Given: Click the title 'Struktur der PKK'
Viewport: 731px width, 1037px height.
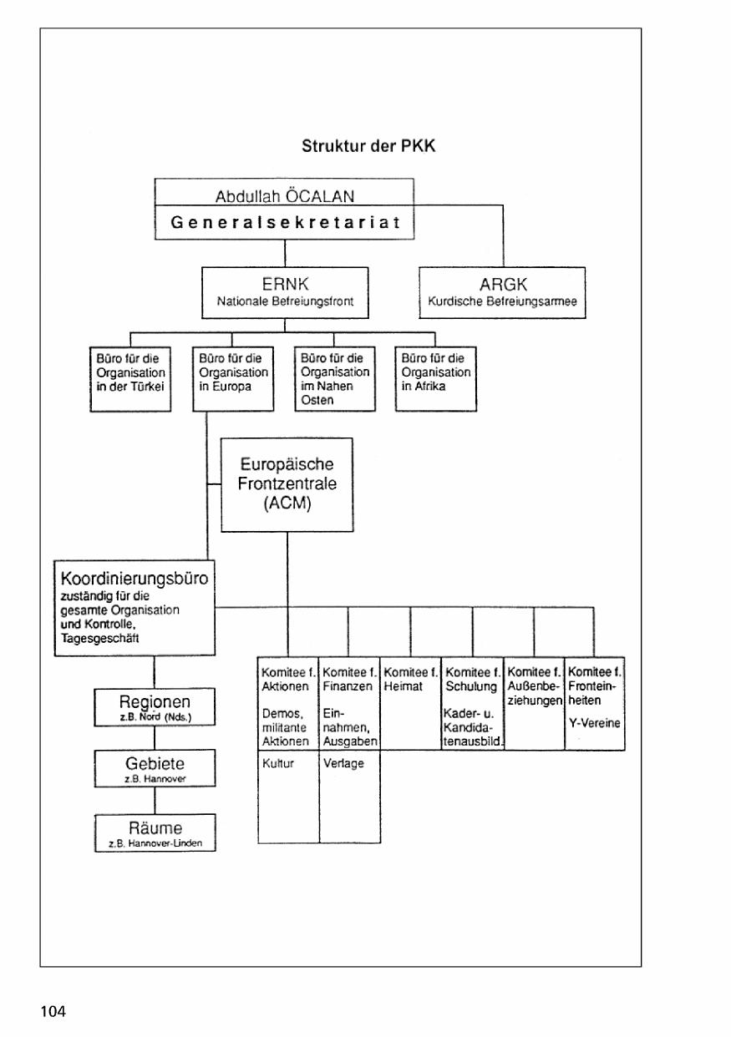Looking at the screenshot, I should coord(368,146).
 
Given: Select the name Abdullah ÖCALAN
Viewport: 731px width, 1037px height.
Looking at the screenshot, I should coord(284,197).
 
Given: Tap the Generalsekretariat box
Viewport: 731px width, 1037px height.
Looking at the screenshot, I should coord(284,223).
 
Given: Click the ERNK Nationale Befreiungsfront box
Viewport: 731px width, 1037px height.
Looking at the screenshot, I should coord(284,292).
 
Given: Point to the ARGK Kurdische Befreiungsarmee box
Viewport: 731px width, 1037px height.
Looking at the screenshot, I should coord(501,292).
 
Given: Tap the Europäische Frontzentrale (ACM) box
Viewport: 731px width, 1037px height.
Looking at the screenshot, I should coord(287,484).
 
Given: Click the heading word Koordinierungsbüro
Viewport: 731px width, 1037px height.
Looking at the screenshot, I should coord(134,578).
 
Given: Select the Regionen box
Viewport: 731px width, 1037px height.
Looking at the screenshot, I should coord(155,706).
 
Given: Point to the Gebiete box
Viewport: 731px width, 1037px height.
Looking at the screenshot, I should coord(155,767).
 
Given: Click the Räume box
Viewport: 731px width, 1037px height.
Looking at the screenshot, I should coord(155,832).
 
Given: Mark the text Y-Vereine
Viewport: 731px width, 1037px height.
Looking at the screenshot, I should coord(594,723).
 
